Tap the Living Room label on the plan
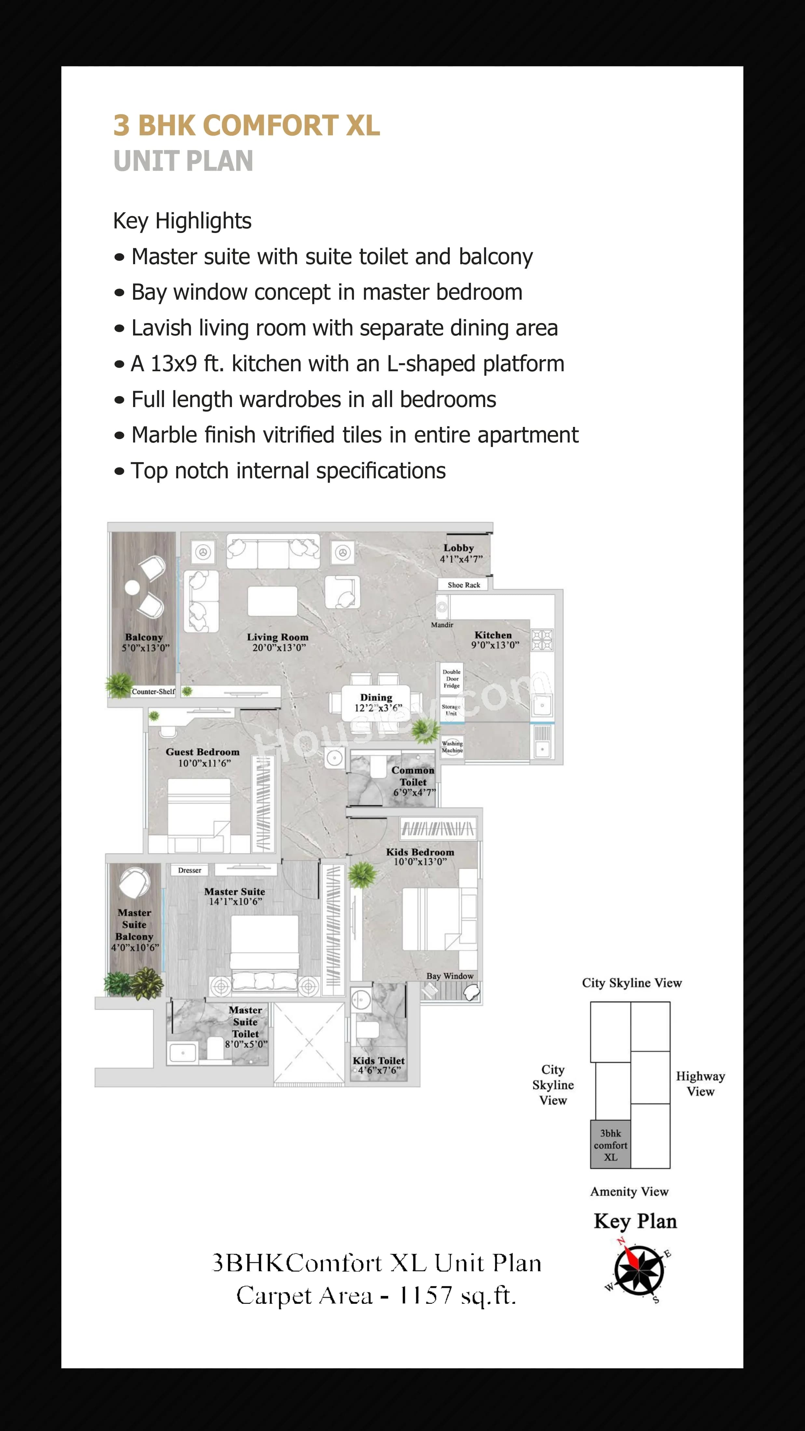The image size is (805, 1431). [x=277, y=637]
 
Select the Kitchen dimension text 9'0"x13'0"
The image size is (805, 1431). [x=495, y=645]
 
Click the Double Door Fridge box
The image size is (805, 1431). [x=451, y=679]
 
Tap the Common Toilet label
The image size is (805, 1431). [x=413, y=776]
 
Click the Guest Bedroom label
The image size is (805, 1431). [x=202, y=752]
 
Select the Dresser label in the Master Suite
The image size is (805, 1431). [x=189, y=870]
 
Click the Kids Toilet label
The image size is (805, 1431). [x=378, y=1060]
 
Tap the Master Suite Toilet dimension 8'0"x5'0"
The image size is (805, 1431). [x=246, y=1044]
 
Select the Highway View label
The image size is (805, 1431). [x=700, y=1083]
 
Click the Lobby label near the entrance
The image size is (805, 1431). [x=458, y=548]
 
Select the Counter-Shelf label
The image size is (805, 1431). [x=153, y=692]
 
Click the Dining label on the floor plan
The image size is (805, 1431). [x=376, y=697]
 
